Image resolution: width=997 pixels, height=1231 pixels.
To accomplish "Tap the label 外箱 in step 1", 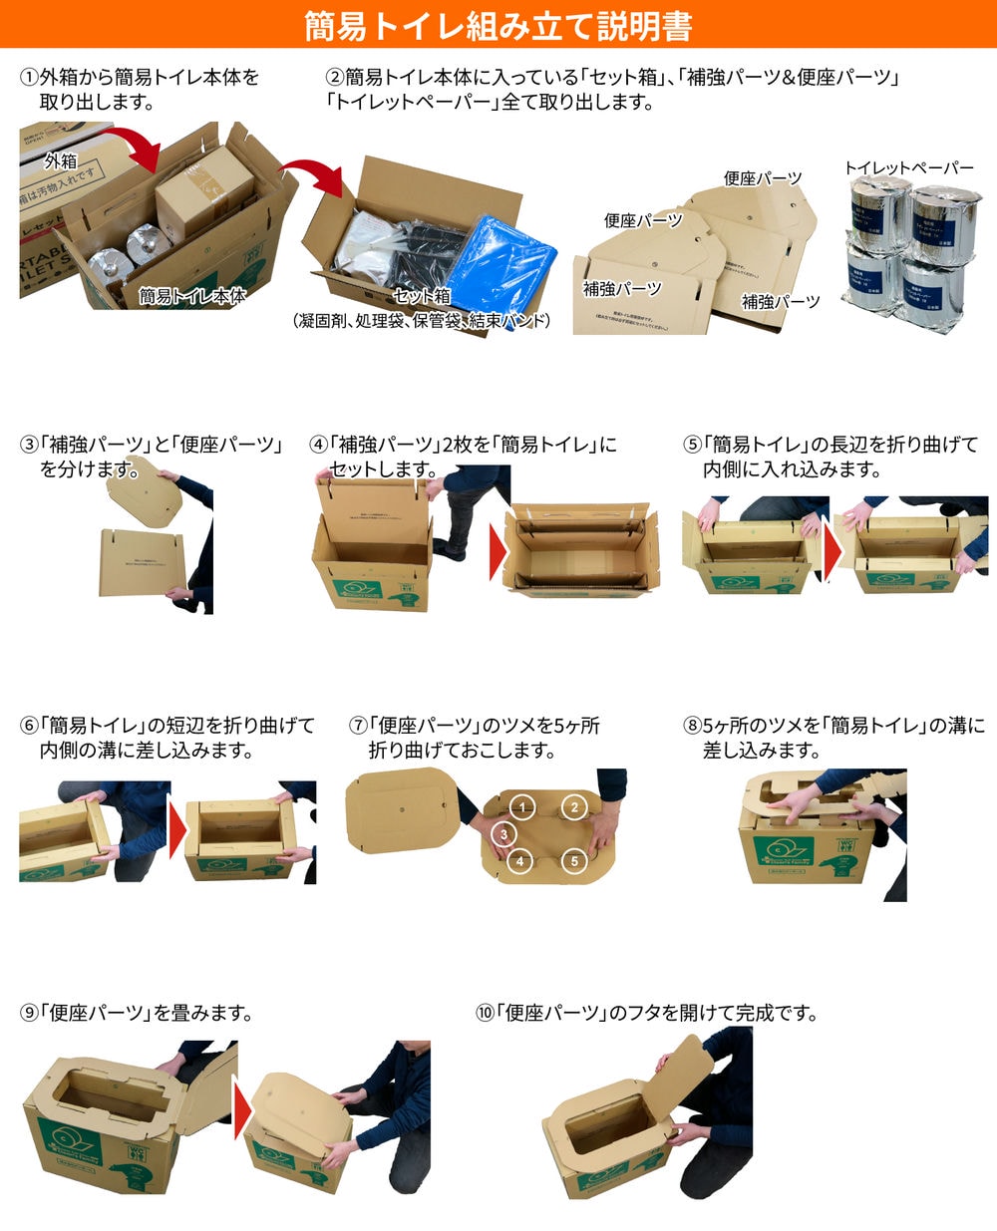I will [x=60, y=160].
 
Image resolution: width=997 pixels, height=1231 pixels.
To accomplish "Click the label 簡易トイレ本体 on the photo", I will [x=191, y=295].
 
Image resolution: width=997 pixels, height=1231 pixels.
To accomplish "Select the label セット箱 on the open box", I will [x=422, y=296].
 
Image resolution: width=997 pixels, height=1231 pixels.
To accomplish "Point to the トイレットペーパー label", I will [x=908, y=168].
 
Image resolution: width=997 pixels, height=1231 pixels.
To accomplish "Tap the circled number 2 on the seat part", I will [x=573, y=806].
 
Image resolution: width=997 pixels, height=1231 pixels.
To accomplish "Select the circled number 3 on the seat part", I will [x=504, y=834].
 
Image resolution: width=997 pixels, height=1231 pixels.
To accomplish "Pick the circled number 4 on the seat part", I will [x=519, y=860].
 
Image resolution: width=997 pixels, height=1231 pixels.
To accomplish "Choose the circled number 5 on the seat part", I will [x=574, y=860].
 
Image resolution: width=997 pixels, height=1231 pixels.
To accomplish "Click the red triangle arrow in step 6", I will [x=176, y=828].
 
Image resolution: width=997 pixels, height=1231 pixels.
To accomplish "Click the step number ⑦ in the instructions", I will [x=358, y=726].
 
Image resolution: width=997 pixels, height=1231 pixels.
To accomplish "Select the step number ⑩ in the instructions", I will [x=486, y=1013].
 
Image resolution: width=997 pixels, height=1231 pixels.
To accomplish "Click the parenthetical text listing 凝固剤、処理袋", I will [x=422, y=321].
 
